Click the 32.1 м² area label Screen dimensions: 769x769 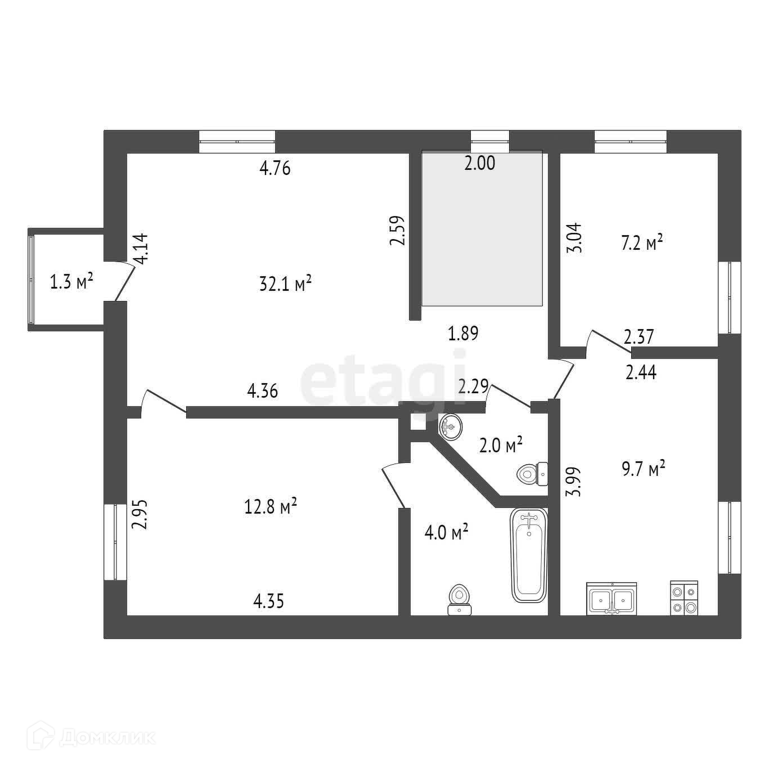pos(285,284)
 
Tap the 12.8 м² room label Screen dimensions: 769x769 pos(271,507)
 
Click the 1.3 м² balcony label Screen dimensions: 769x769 pos(71,282)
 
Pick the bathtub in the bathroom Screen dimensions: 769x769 pos(528,555)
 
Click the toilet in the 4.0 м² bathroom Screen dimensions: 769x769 pos(459,600)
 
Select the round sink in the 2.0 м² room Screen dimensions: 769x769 pos(450,427)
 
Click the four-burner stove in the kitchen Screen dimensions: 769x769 pos(683,598)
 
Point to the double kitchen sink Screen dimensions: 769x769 pos(611,598)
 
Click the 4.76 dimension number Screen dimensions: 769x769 pos(275,168)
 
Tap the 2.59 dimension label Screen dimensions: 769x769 pos(397,231)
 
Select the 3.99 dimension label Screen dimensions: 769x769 pos(575,482)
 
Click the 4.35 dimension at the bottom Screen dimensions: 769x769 pos(268,601)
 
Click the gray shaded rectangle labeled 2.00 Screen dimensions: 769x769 pos(482,236)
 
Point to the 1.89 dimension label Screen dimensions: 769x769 pos(462,334)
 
